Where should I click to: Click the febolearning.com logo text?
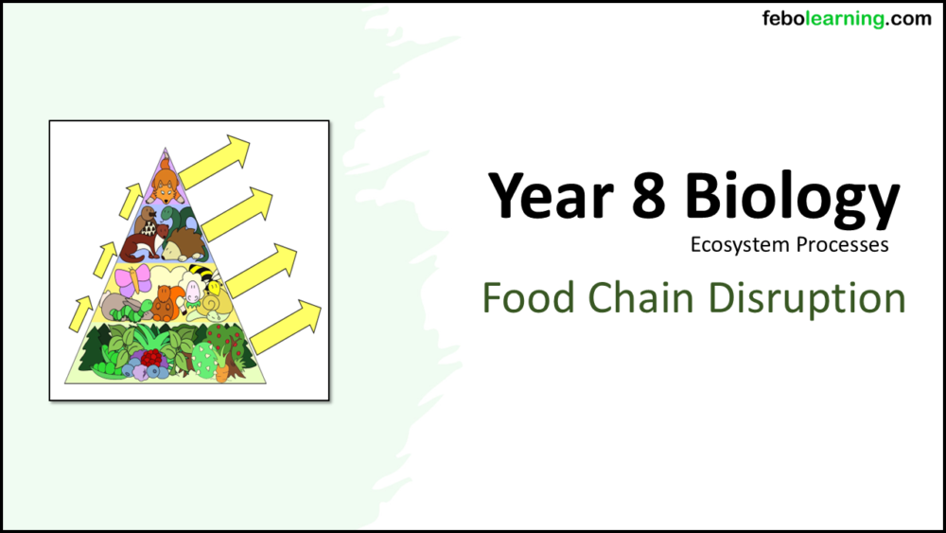847,19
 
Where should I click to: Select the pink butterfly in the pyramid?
138,278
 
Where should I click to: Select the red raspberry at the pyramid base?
151,358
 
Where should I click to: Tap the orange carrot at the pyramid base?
223,372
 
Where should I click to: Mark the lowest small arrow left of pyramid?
80,313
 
